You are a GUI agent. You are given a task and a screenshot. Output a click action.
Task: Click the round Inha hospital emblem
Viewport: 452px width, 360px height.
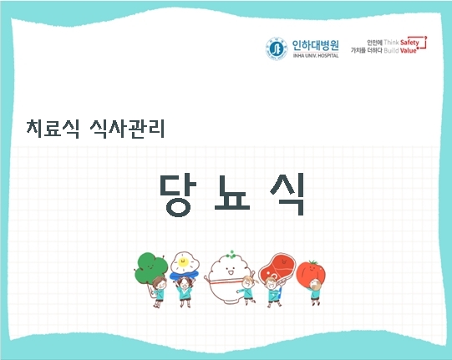click(275, 48)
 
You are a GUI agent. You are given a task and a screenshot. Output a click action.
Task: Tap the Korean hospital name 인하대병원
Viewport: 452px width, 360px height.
click(311, 43)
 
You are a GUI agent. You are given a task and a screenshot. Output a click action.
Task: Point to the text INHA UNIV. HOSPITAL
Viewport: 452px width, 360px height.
click(311, 56)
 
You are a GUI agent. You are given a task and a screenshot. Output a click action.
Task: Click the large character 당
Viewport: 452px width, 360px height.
click(173, 195)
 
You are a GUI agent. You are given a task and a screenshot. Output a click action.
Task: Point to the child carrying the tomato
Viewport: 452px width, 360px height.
click(315, 292)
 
